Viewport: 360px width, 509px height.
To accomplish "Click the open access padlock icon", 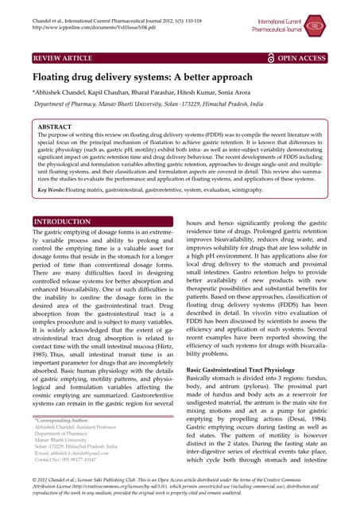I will click(x=270, y=58).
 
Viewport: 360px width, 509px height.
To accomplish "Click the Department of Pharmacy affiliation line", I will click(x=159, y=104).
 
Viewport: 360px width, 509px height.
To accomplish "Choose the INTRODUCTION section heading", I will click(x=62, y=221).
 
